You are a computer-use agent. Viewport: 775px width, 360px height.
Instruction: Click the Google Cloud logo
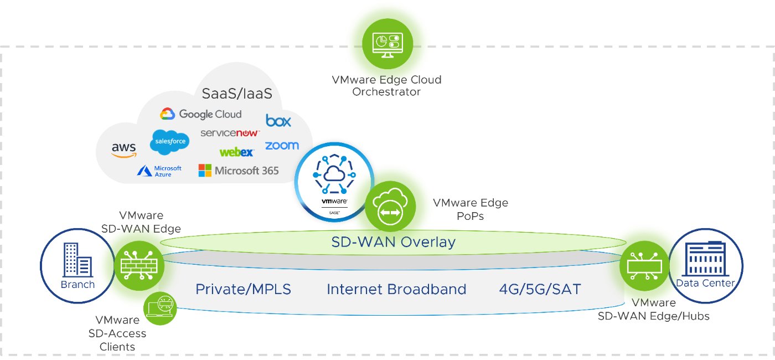201,114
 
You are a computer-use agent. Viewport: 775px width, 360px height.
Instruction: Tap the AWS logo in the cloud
123,149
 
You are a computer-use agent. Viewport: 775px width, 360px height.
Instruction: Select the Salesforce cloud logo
169,142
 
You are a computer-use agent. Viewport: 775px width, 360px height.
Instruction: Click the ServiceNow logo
230,133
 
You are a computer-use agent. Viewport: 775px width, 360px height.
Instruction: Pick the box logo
278,120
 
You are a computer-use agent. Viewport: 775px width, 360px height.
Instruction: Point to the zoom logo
282,146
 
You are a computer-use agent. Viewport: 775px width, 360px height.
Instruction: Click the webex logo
236,152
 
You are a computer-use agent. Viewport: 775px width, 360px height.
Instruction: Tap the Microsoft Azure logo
159,171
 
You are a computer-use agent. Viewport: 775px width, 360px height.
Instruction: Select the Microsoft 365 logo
239,171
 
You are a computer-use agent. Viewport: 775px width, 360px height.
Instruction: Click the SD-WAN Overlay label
393,242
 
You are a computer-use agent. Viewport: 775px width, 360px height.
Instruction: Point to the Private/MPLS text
243,289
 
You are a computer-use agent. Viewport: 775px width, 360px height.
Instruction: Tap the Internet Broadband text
396,289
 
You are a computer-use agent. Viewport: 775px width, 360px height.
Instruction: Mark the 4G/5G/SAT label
540,289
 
